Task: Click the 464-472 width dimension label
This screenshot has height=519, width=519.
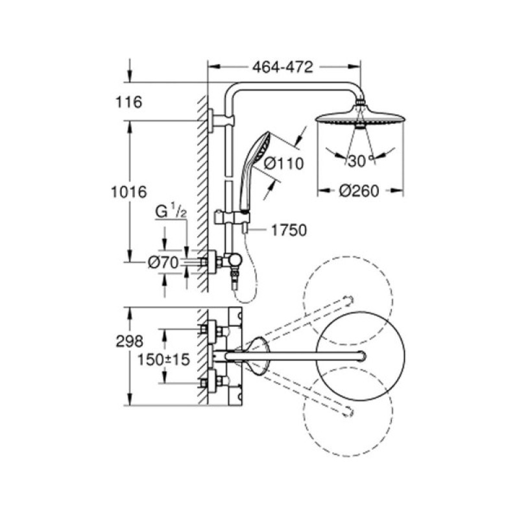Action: pos(284,66)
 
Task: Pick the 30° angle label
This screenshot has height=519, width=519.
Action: pos(357,162)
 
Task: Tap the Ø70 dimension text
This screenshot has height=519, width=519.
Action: pos(162,262)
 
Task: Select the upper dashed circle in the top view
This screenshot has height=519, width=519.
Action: pos(348,296)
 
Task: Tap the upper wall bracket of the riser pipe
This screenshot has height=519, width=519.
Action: pos(218,120)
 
